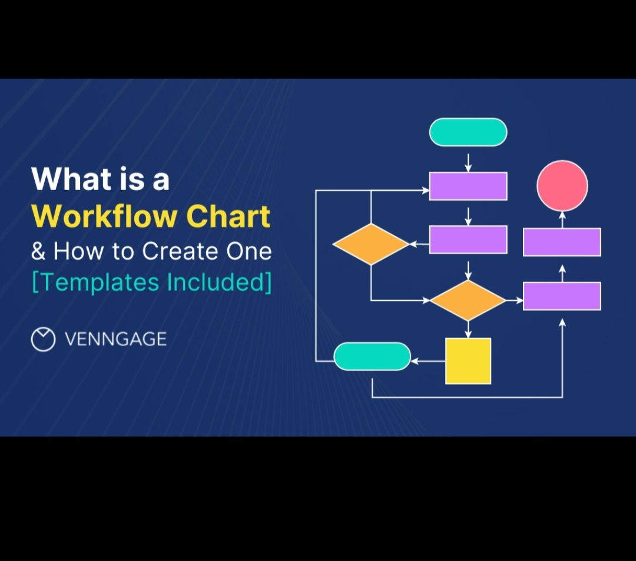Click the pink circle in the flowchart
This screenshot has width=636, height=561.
point(562,185)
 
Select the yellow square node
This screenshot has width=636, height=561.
point(468,361)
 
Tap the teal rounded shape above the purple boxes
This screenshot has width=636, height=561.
point(468,132)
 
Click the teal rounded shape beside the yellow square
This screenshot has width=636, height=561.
point(372,356)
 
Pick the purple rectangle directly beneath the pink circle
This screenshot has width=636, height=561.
point(562,242)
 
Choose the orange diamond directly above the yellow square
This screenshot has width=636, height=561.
point(468,300)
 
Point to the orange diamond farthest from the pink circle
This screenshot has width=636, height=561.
point(371,244)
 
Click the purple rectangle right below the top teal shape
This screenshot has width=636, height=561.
point(468,186)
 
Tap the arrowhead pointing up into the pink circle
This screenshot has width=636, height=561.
point(562,215)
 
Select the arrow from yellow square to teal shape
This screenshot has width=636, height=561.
point(428,361)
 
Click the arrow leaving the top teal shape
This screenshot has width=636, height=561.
point(468,162)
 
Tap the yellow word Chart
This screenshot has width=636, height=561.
point(228,217)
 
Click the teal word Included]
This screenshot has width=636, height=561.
point(220,283)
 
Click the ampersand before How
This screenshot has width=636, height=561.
point(38,251)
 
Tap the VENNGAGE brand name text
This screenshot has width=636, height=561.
point(115,339)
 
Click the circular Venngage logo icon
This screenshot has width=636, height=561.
point(43,340)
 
